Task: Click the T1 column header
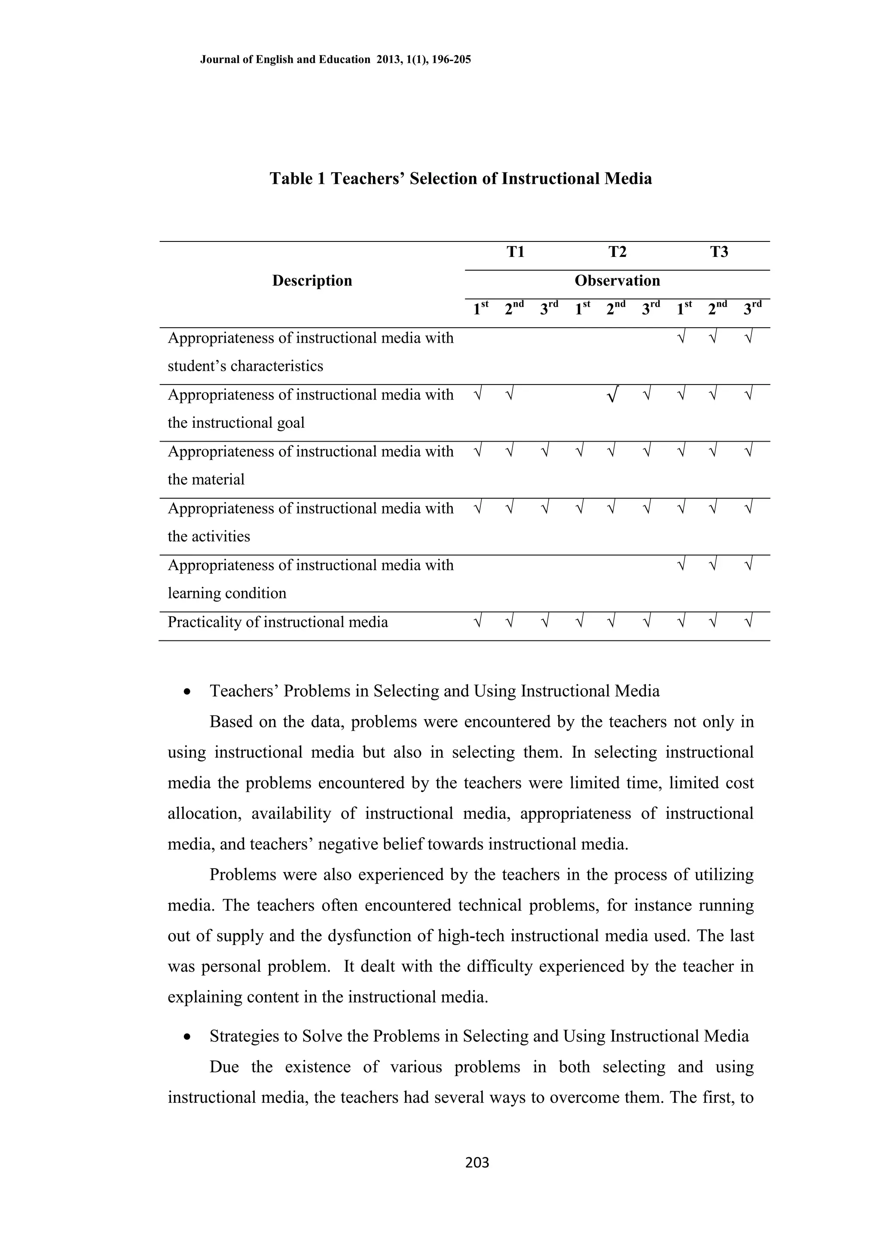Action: [515, 252]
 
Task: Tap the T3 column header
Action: [719, 252]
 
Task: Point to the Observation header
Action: [617, 281]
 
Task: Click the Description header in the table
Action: [312, 281]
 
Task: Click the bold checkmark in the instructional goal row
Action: [611, 396]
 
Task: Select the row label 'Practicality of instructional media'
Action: [278, 622]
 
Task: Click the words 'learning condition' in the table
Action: [226, 593]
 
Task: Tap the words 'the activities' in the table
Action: [209, 537]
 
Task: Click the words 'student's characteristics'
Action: [245, 366]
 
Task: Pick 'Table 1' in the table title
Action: [297, 179]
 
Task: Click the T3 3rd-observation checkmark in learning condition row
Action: [749, 566]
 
